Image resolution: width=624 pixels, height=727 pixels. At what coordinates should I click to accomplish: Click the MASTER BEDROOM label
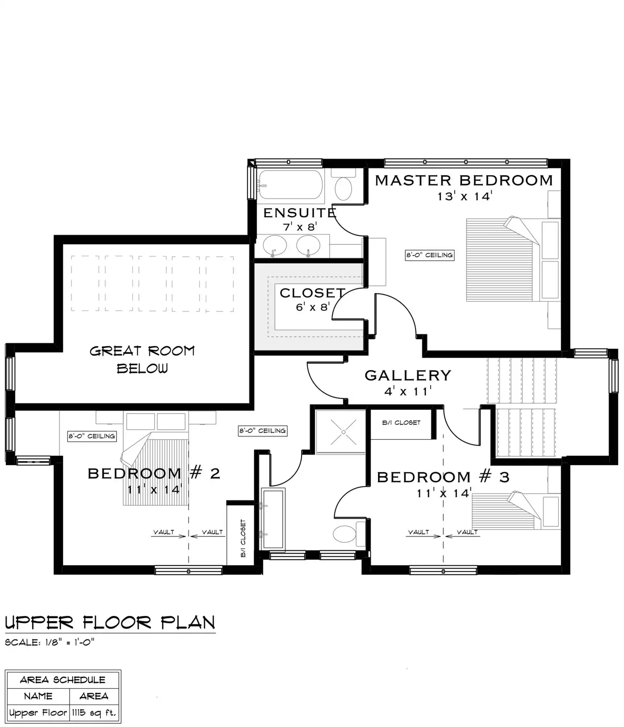[463, 181]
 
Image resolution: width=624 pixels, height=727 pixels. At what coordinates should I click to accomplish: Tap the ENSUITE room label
[300, 213]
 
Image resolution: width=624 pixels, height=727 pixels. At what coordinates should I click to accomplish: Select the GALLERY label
[408, 375]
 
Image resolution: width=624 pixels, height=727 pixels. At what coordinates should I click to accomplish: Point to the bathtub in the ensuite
[291, 185]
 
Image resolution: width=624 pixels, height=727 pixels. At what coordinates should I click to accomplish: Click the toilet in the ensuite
[343, 187]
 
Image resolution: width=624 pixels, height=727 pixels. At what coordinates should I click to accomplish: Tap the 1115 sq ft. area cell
[94, 712]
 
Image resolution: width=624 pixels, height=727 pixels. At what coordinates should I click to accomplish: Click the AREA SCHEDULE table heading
[62, 680]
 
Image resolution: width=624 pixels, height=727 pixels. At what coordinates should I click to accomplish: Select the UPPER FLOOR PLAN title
[110, 623]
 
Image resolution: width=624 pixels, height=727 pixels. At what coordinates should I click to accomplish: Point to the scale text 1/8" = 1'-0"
[50, 642]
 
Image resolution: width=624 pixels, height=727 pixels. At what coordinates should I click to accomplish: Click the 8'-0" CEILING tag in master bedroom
[430, 255]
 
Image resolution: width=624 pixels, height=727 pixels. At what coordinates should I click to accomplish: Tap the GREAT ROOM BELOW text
[142, 360]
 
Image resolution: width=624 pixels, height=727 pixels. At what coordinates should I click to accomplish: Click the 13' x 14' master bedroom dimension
[465, 197]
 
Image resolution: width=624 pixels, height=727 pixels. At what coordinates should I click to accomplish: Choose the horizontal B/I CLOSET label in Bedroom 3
[401, 423]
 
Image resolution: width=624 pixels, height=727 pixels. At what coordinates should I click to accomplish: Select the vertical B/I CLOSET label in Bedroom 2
[243, 538]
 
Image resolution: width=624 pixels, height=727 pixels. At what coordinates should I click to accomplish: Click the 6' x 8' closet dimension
[312, 308]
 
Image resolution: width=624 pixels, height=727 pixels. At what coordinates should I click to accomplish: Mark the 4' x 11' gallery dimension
[408, 392]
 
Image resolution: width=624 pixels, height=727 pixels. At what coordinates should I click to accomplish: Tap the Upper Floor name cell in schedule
[38, 712]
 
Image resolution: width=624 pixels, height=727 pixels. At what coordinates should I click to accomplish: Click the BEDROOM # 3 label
[443, 477]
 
